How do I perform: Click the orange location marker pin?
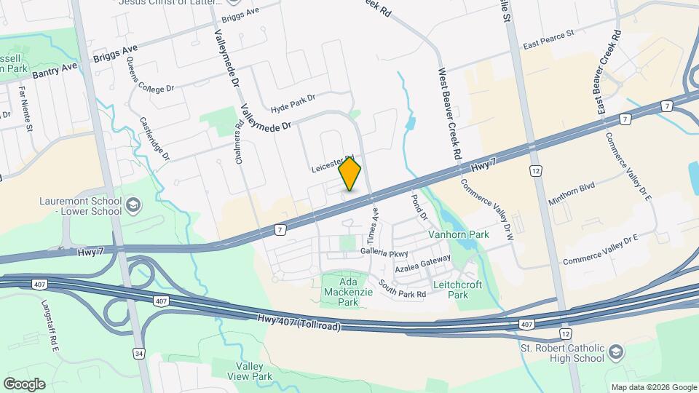[350, 174]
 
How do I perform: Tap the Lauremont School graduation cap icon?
[133, 206]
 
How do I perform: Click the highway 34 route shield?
[138, 353]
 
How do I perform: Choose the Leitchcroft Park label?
[457, 290]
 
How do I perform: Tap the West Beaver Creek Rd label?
[450, 114]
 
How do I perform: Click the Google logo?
[24, 384]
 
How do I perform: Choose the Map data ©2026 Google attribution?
[653, 387]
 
